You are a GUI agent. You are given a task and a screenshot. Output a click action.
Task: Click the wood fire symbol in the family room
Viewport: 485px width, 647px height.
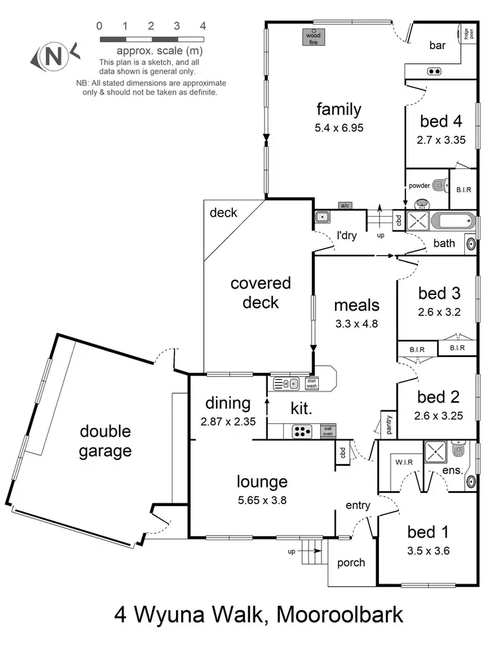pyautogui.click(x=314, y=38)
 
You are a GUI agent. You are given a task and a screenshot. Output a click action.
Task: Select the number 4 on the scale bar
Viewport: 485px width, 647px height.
pyautogui.click(x=203, y=27)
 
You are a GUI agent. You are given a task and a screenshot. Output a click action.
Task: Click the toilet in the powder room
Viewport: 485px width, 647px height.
pyautogui.click(x=440, y=186)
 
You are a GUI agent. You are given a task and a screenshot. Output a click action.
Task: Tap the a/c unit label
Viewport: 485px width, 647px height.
pyautogui.click(x=344, y=206)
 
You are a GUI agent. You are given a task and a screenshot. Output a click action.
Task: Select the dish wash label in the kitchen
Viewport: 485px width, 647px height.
pyautogui.click(x=312, y=383)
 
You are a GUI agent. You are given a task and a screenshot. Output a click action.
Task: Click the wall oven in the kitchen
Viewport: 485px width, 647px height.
pyautogui.click(x=328, y=430)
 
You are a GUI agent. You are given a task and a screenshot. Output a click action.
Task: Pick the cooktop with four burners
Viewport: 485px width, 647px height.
pyautogui.click(x=302, y=430)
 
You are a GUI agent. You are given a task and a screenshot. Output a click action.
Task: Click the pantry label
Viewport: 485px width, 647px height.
pyautogui.click(x=389, y=424)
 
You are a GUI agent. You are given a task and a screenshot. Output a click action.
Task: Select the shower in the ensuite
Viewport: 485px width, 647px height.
pyautogui.click(x=434, y=450)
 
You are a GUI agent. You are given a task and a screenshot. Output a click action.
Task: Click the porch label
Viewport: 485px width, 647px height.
pyautogui.click(x=352, y=562)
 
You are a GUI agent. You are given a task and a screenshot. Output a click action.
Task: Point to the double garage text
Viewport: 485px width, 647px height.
pyautogui.click(x=105, y=441)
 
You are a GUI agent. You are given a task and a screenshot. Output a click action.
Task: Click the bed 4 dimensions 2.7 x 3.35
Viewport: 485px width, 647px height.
pyautogui.click(x=442, y=138)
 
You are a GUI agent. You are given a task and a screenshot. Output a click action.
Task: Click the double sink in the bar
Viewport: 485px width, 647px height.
pyautogui.click(x=433, y=71)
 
